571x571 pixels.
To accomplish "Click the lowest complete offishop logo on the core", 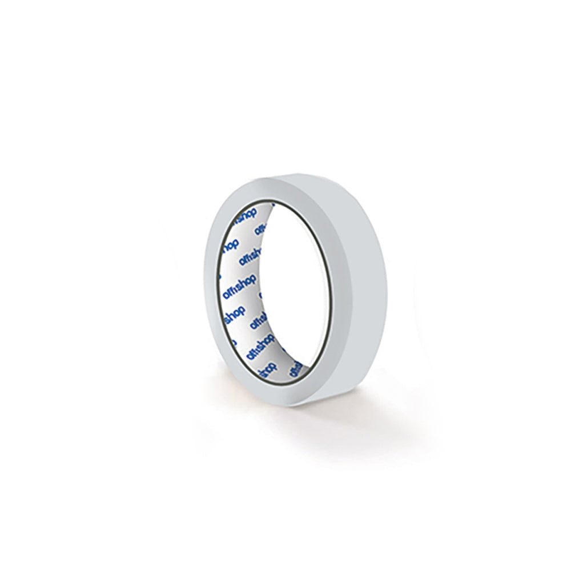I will [261, 343].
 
